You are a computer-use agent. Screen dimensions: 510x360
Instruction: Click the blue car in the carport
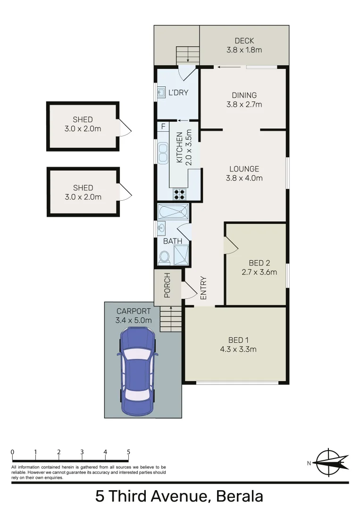click(x=137, y=371)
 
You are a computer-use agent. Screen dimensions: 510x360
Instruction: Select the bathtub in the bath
click(x=173, y=212)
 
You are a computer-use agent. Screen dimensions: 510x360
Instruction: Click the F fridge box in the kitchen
click(x=163, y=127)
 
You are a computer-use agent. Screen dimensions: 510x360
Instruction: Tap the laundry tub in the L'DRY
click(x=161, y=92)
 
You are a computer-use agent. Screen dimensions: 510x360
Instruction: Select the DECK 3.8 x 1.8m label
click(x=244, y=45)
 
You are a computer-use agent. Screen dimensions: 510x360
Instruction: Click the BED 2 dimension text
click(x=259, y=272)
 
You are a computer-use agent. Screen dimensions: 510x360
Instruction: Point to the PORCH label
click(x=167, y=286)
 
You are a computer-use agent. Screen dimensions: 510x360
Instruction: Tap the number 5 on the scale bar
click(x=128, y=452)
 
